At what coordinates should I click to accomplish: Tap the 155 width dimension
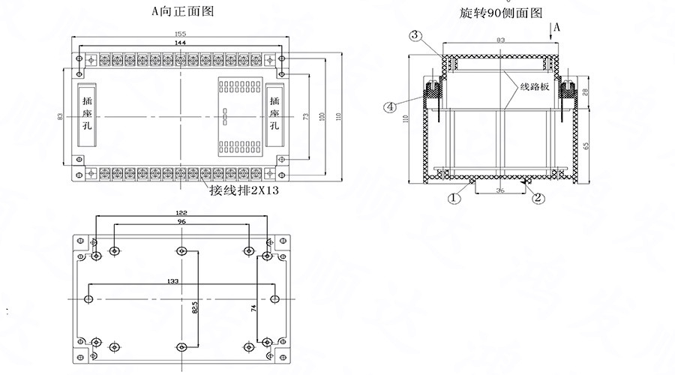[x=180, y=34]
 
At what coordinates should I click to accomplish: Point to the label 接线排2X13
[x=244, y=190]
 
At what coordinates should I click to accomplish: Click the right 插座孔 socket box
[x=275, y=114]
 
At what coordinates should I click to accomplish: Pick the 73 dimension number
[x=305, y=117]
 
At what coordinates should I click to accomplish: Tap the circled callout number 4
[x=389, y=107]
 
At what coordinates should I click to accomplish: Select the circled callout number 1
[x=453, y=199]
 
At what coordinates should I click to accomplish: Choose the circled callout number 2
[x=537, y=198]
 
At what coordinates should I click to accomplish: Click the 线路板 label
[x=535, y=87]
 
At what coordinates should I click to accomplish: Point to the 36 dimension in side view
[x=499, y=190]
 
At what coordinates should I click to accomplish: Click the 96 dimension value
[x=181, y=223]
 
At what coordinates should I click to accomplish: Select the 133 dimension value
[x=173, y=280]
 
